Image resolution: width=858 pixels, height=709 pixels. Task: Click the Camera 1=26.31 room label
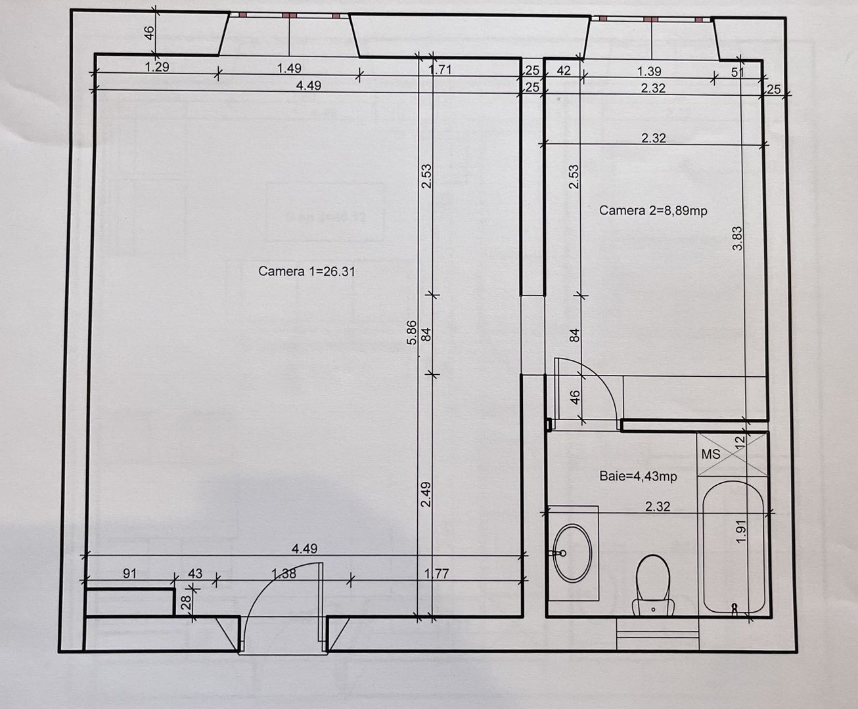[x=306, y=271]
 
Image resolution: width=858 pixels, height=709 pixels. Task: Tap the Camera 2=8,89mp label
[x=652, y=211]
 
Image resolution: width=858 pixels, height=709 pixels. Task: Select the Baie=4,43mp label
[x=637, y=476]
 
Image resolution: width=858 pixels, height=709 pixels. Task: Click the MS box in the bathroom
[x=711, y=454]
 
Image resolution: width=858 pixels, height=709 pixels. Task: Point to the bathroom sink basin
[x=572, y=553]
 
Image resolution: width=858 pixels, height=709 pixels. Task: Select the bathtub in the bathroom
[x=733, y=548]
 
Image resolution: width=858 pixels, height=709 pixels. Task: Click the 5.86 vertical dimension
[x=411, y=332]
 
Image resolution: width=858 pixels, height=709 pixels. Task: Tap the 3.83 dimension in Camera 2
[x=738, y=238]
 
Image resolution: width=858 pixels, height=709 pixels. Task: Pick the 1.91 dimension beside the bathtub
[x=741, y=531]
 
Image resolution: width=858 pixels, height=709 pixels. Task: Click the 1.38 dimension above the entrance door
[x=284, y=573]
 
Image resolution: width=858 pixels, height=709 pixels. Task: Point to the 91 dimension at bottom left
[x=129, y=573]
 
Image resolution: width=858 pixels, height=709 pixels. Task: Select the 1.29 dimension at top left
[x=157, y=67]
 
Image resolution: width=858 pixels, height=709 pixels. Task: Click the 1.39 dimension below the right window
[x=649, y=71]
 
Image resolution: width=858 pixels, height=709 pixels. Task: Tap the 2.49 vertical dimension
[x=426, y=494]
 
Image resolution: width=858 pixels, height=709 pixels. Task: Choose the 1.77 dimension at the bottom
[x=436, y=573]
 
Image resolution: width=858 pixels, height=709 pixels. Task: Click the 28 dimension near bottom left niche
[x=187, y=601]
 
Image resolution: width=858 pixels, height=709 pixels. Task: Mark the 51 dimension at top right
[x=737, y=72]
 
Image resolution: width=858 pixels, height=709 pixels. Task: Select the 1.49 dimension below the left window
[x=289, y=68]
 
